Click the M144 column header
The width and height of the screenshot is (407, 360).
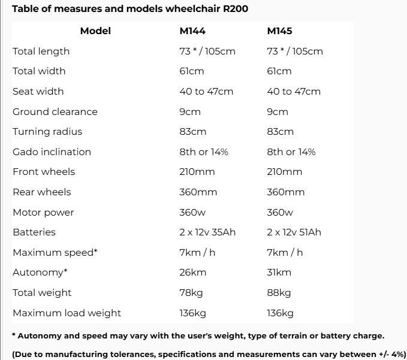(192, 31)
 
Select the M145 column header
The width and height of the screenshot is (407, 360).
(279, 31)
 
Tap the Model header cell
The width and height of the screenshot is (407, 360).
(95, 31)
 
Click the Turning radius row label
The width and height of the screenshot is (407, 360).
(47, 132)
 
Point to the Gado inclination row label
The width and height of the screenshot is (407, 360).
(52, 152)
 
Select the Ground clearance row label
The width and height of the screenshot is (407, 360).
(55, 112)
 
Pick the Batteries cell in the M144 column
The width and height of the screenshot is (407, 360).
(207, 232)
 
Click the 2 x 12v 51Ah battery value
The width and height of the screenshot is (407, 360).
(294, 232)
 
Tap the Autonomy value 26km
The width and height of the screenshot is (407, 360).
(192, 273)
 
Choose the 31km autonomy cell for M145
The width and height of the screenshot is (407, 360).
(279, 273)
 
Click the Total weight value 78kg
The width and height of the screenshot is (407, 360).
(191, 293)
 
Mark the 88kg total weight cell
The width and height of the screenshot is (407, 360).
(279, 293)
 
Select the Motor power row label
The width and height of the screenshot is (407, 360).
(43, 213)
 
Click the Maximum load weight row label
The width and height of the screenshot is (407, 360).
(67, 313)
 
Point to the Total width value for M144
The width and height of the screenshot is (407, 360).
(192, 71)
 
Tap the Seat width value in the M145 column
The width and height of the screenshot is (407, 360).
(294, 92)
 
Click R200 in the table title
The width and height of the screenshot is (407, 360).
(235, 9)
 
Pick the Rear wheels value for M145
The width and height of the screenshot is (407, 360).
(285, 192)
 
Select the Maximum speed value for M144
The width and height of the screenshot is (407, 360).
(197, 253)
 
